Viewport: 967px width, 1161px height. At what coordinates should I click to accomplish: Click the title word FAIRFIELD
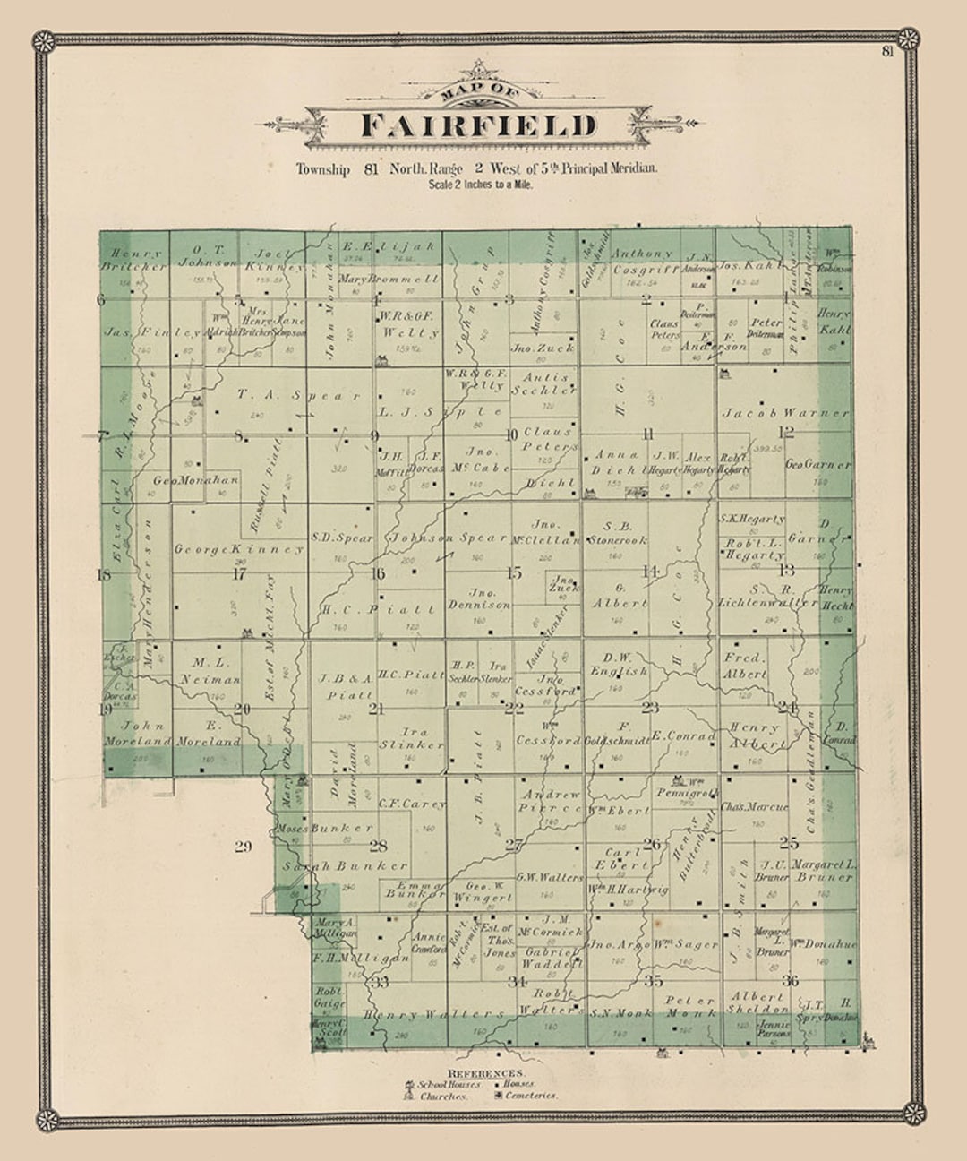478,126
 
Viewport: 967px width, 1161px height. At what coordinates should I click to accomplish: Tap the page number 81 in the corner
887,51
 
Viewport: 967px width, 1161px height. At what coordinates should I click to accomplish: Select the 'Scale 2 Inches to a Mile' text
480,185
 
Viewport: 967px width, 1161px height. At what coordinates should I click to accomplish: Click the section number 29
243,847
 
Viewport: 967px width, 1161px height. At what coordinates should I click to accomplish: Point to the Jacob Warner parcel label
785,414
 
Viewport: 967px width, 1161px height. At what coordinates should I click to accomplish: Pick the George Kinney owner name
239,549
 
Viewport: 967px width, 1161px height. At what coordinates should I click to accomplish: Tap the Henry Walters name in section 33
434,1014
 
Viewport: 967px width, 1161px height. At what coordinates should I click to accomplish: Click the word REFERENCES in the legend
486,1073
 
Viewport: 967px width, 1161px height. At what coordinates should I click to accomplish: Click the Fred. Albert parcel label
745,666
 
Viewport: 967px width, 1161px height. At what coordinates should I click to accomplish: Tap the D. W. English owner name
619,664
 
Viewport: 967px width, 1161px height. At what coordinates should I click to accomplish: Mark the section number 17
239,574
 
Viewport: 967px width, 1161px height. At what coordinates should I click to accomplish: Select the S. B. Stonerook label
618,534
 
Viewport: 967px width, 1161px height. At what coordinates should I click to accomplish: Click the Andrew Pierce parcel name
551,801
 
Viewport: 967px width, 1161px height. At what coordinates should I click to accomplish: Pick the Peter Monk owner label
689,1007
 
